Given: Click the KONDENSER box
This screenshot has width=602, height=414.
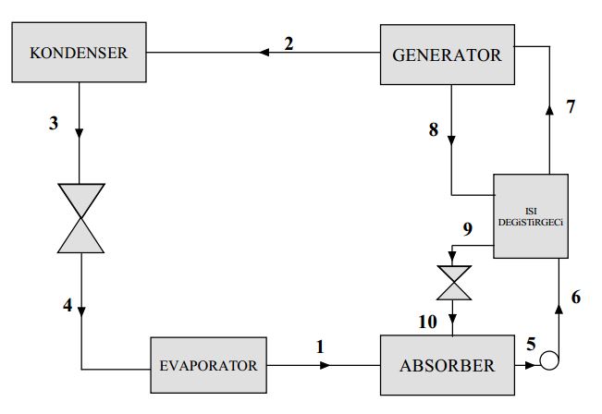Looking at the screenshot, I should [x=78, y=53].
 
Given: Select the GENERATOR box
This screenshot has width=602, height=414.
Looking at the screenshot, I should [x=447, y=55].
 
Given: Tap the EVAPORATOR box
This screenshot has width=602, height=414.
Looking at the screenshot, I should [x=209, y=365].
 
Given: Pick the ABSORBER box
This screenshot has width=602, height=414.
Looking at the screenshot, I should [x=447, y=365].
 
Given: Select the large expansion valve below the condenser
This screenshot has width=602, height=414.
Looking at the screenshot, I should [x=82, y=218].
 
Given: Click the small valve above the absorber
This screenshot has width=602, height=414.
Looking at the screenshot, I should [x=454, y=283].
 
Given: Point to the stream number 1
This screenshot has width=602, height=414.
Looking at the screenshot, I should [x=321, y=347].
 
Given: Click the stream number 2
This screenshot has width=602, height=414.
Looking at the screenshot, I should [x=289, y=43].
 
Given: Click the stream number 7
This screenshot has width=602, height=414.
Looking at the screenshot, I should [x=571, y=106].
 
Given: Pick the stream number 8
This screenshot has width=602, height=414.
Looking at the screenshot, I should [x=433, y=129].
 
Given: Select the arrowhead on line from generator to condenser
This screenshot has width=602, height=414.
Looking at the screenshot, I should [x=264, y=54].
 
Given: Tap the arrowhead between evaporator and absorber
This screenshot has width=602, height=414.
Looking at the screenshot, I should [x=324, y=365].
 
